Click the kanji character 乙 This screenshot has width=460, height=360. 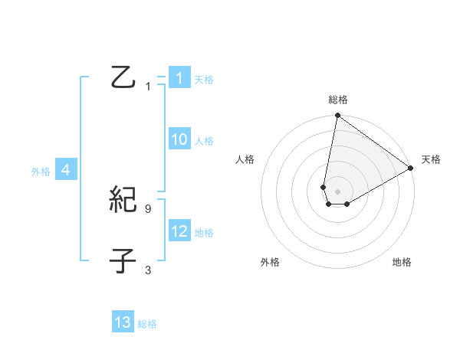123,77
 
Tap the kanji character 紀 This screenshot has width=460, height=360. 123,201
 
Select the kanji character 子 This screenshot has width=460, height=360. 123,261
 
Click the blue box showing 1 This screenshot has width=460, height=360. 179,78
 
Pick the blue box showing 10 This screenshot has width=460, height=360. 179,139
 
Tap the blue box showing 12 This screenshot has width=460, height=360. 179,231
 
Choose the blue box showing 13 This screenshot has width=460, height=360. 123,322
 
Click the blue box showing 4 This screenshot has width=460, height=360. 66,170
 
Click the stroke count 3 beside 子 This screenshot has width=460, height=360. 148,270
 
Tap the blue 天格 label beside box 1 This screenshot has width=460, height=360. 204,79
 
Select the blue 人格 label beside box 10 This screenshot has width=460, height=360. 204,140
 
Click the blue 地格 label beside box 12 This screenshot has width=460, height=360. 204,232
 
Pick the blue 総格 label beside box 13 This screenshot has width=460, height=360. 147,323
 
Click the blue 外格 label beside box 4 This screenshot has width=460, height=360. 41,172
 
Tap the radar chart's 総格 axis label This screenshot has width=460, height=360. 338,100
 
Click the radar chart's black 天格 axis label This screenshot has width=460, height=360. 432,159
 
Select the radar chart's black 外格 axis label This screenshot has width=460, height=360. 270,262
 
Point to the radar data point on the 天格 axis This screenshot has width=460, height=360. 411,169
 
